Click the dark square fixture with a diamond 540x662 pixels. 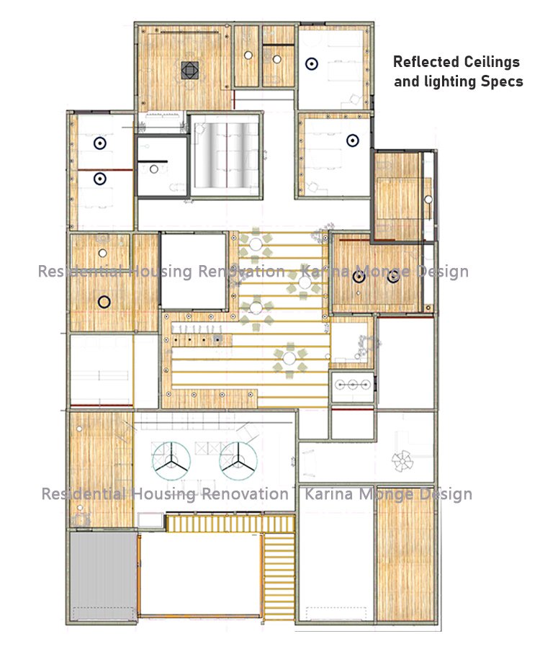pyautogui.click(x=190, y=71)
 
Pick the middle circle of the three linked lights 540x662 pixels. pyautogui.click(x=353, y=385)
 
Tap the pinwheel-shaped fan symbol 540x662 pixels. pyautogui.click(x=402, y=461)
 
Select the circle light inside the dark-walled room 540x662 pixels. pyautogui.click(x=154, y=169)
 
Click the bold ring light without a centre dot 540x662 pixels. pyautogui.click(x=104, y=302)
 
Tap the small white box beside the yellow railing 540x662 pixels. pyautogui.click(x=150, y=520)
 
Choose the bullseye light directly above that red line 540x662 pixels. pyautogui.click(x=100, y=143)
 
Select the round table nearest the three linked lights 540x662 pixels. pyautogui.click(x=289, y=359)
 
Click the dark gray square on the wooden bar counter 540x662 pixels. pyautogui.click(x=217, y=339)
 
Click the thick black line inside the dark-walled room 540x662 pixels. pyautogui.click(x=153, y=161)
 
